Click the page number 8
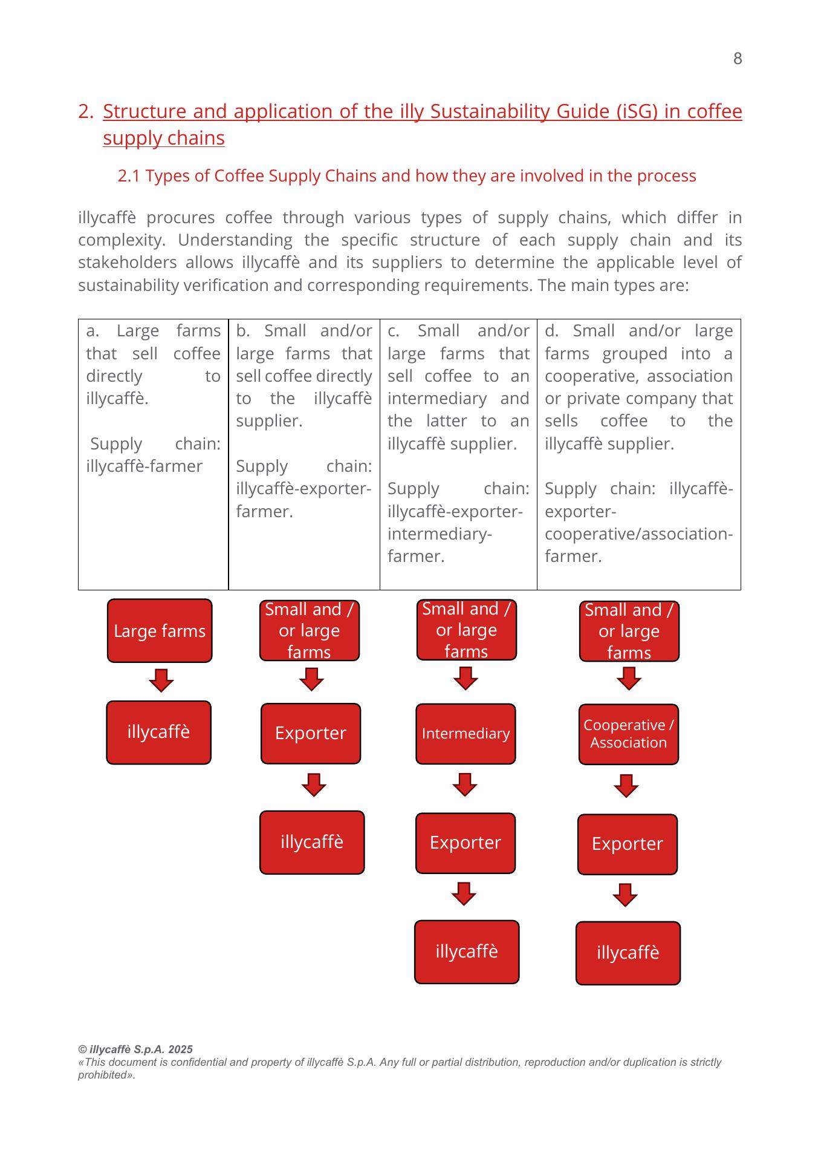coord(737,59)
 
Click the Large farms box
coord(160,631)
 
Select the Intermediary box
coord(466,734)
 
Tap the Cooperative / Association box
coord(628,734)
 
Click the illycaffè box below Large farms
coord(158,733)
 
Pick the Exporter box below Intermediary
coord(466,843)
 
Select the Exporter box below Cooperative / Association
coord(628,844)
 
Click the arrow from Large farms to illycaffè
coord(161,681)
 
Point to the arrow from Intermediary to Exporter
coord(465,785)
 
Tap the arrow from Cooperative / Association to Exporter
coord(626,786)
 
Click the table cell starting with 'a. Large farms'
coord(153,454)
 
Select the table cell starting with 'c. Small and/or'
coord(458,454)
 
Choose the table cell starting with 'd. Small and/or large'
coord(638,454)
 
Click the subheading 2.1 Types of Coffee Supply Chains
coord(407,176)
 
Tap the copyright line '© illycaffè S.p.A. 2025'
coord(135,1049)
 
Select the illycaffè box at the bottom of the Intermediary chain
coord(467,951)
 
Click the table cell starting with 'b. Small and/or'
coord(303,454)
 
